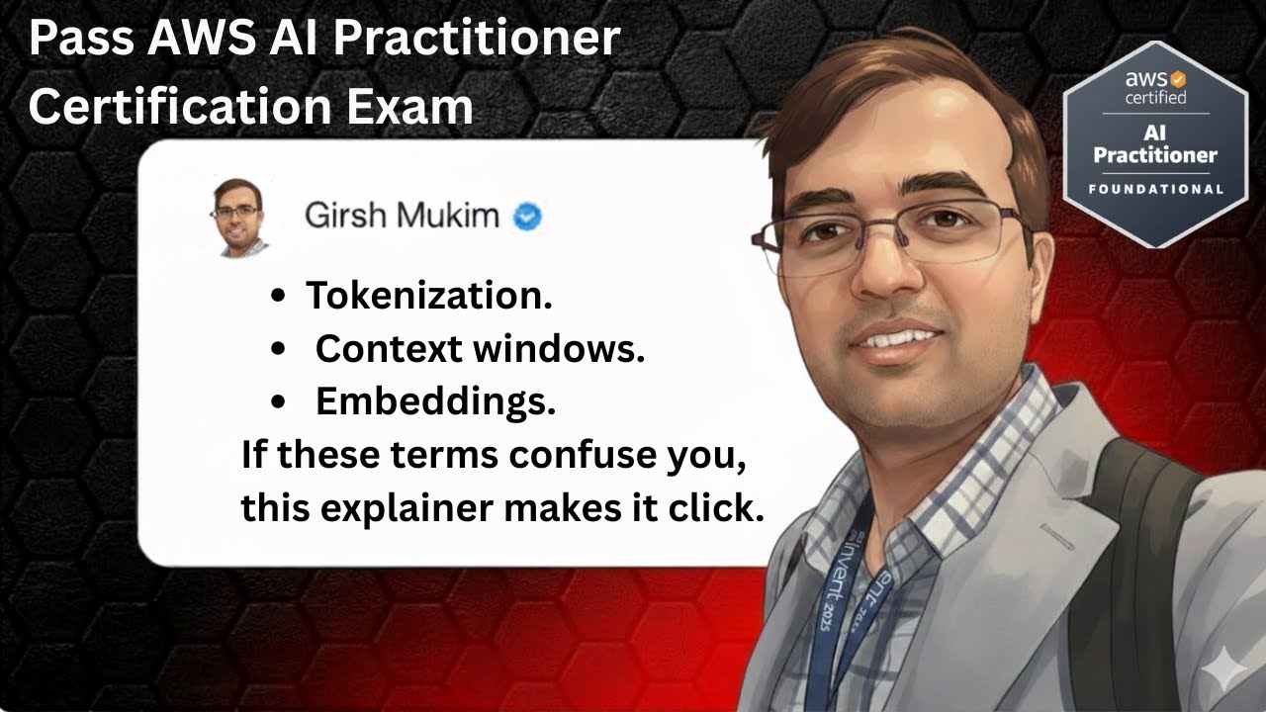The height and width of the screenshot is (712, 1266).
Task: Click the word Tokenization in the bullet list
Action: [428, 295]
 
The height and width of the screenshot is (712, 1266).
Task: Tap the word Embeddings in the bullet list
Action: [435, 401]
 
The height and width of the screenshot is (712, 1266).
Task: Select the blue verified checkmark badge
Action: [527, 217]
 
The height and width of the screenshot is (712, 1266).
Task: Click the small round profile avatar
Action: [237, 217]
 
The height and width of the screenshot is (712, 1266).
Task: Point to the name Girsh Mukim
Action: [402, 216]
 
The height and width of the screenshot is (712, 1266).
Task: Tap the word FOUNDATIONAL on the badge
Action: [1154, 188]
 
